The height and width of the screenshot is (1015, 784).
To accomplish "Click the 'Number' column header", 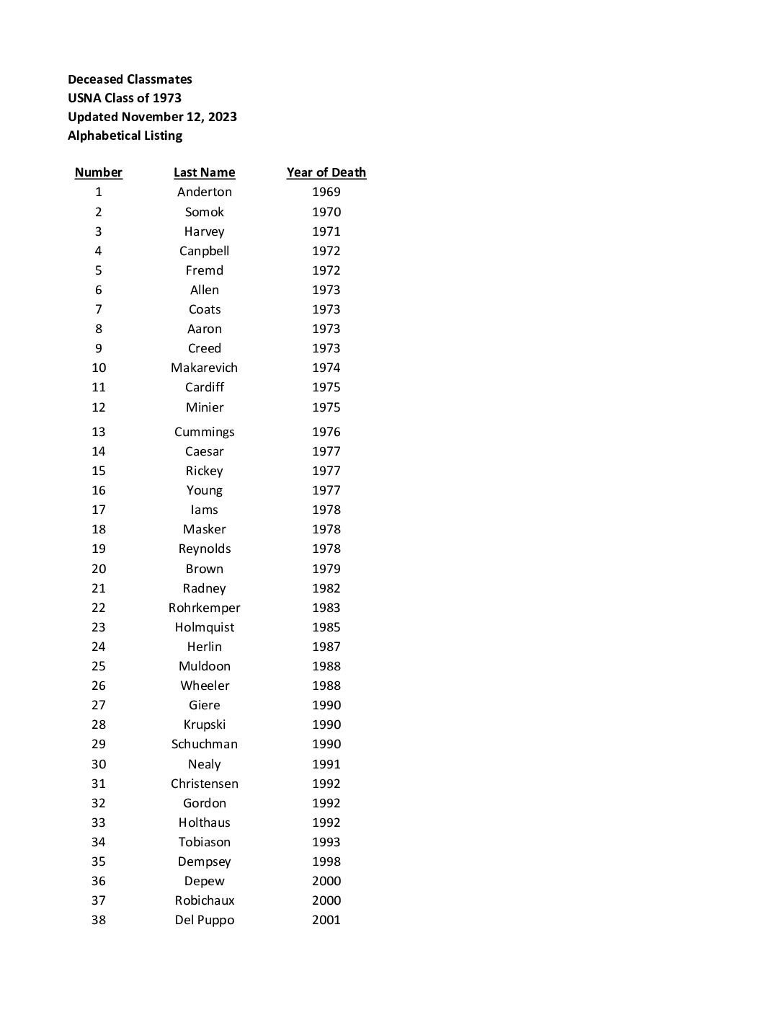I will pyautogui.click(x=98, y=172).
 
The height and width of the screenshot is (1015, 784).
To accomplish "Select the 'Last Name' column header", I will pyautogui.click(x=204, y=172).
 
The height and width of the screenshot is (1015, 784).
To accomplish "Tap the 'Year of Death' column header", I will pyautogui.click(x=326, y=172).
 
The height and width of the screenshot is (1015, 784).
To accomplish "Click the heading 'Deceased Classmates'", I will pyautogui.click(x=130, y=79).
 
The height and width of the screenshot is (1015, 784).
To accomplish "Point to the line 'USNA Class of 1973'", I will pyautogui.click(x=125, y=98).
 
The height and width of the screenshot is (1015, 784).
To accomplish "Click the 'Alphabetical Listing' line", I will pyautogui.click(x=125, y=136).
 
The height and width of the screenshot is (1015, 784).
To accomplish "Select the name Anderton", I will pyautogui.click(x=205, y=192).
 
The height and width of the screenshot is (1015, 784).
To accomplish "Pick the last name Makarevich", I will pyautogui.click(x=204, y=368).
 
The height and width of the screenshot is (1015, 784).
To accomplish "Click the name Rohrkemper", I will pyautogui.click(x=204, y=608).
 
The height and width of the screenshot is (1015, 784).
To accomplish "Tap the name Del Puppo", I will pyautogui.click(x=204, y=920).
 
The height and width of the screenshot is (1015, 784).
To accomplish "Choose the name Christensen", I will pyautogui.click(x=204, y=784).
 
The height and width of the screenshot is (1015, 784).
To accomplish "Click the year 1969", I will pyautogui.click(x=326, y=192).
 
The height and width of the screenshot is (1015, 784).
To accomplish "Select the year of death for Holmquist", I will pyautogui.click(x=326, y=627).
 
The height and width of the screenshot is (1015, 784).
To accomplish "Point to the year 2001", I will pyautogui.click(x=326, y=920).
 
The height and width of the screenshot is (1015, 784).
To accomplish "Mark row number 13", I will pyautogui.click(x=98, y=432).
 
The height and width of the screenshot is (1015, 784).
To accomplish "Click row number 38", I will pyautogui.click(x=98, y=920).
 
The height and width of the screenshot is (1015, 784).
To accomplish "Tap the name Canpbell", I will pyautogui.click(x=204, y=251).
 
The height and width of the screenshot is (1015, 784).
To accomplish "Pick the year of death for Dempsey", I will pyautogui.click(x=326, y=861).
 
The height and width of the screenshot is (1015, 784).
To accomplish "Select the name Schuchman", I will pyautogui.click(x=204, y=744).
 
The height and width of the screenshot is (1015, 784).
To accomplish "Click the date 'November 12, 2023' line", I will pyautogui.click(x=152, y=117).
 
